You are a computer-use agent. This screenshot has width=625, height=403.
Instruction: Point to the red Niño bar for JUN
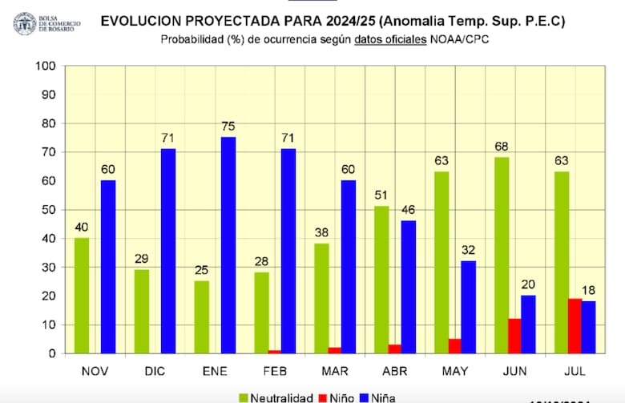pyautogui.click(x=515, y=336)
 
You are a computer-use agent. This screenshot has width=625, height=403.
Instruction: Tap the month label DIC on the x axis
pyautogui.click(x=155, y=370)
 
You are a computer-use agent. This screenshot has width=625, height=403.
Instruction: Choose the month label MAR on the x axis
pyautogui.click(x=335, y=370)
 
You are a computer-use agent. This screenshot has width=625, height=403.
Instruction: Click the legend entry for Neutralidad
pyautogui.click(x=276, y=397)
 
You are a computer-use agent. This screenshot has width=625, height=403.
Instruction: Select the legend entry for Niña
pyautogui.click(x=381, y=397)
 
